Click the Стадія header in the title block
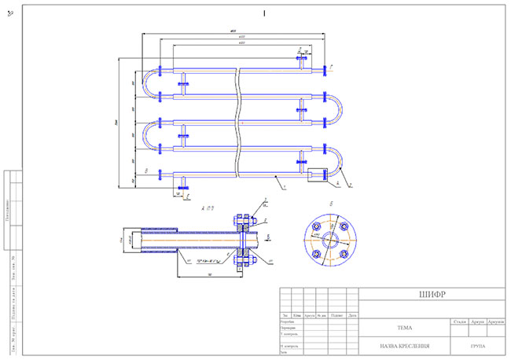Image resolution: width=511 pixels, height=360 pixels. click(458, 321)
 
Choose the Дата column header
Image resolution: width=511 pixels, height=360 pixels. click(353, 315)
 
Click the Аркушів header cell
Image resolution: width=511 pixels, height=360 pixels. click(495, 321)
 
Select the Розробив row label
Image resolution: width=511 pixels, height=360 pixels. click(288, 321)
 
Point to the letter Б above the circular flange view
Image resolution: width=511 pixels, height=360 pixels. click(330, 204)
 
